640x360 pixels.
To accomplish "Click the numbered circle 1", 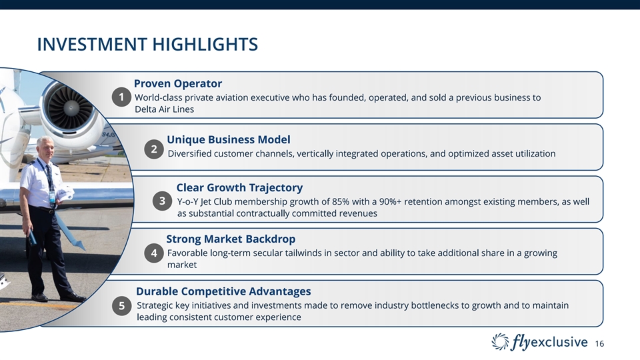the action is (x=121, y=97).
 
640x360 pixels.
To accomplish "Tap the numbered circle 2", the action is (x=154, y=149).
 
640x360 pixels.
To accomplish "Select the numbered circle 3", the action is (x=162, y=201).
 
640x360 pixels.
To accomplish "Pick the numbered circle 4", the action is (x=154, y=253).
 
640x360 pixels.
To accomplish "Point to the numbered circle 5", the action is (x=121, y=306).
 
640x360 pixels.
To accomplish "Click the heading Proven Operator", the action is (x=178, y=84).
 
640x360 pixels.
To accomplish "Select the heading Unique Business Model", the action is (x=229, y=139).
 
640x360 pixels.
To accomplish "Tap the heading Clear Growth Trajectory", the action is (x=239, y=188).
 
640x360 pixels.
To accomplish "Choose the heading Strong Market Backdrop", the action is (x=231, y=239).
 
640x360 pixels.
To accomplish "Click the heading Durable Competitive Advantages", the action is (x=223, y=291).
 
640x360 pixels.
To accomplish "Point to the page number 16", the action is (x=599, y=344).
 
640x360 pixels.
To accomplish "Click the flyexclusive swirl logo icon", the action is (x=501, y=342).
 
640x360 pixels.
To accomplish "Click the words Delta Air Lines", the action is (x=164, y=109).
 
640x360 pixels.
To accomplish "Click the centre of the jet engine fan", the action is (x=71, y=107).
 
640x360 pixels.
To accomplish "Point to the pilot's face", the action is (x=45, y=149).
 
